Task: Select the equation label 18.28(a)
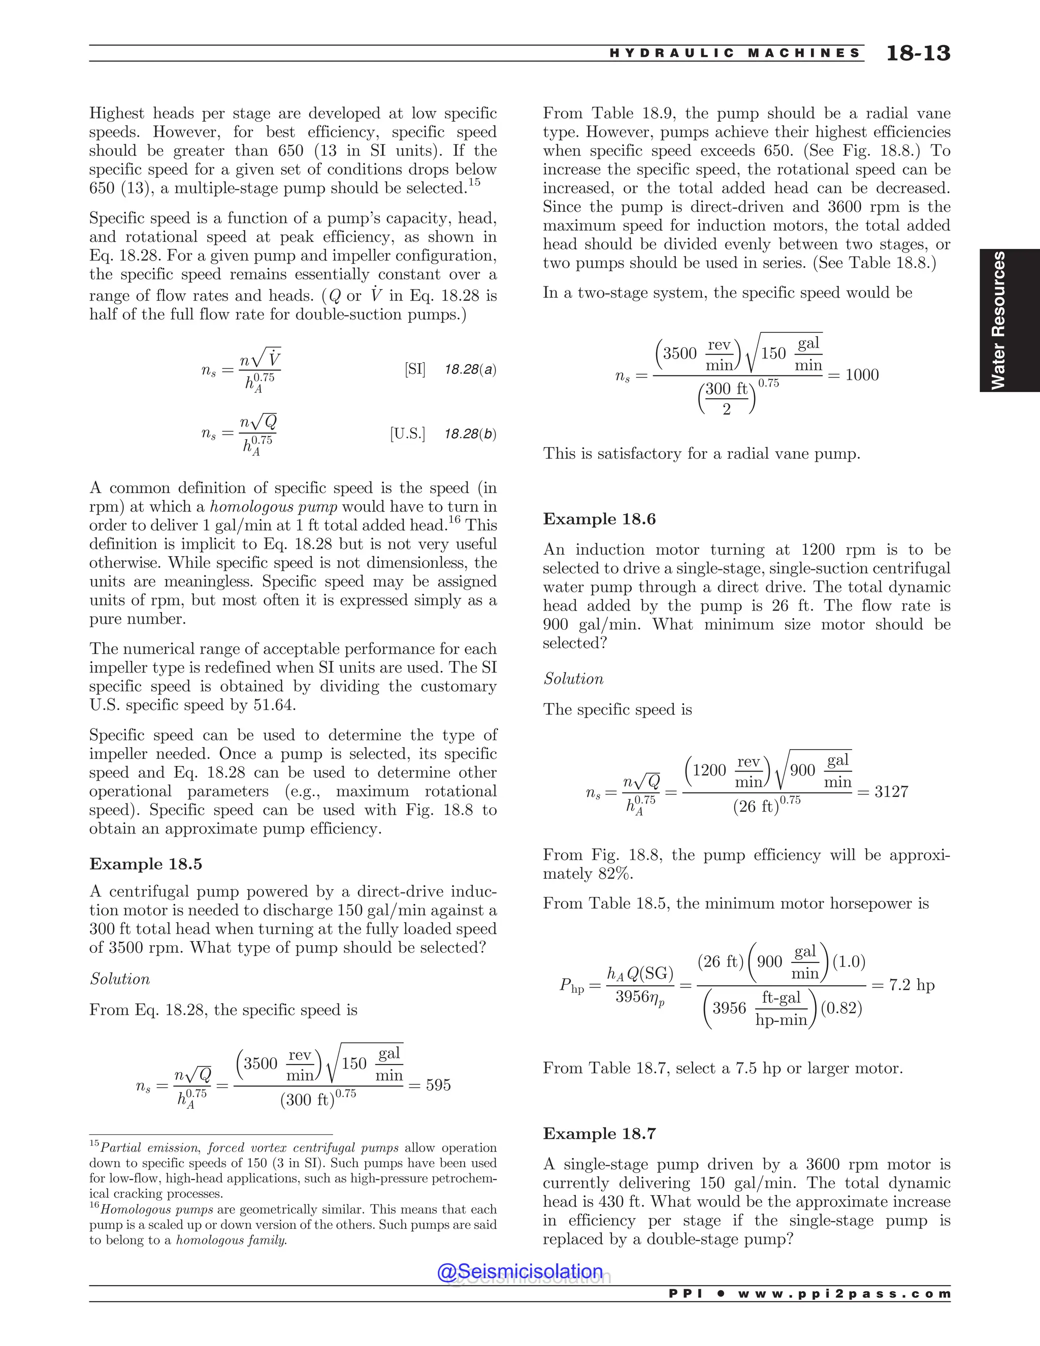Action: (x=470, y=370)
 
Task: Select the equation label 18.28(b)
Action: (x=470, y=434)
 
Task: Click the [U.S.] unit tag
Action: (x=407, y=434)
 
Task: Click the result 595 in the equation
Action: (x=438, y=1085)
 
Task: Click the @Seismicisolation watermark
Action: (x=519, y=1271)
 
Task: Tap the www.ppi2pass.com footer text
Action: (x=844, y=1294)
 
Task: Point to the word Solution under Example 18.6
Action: (x=573, y=679)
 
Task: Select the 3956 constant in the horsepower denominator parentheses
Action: (x=729, y=1008)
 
